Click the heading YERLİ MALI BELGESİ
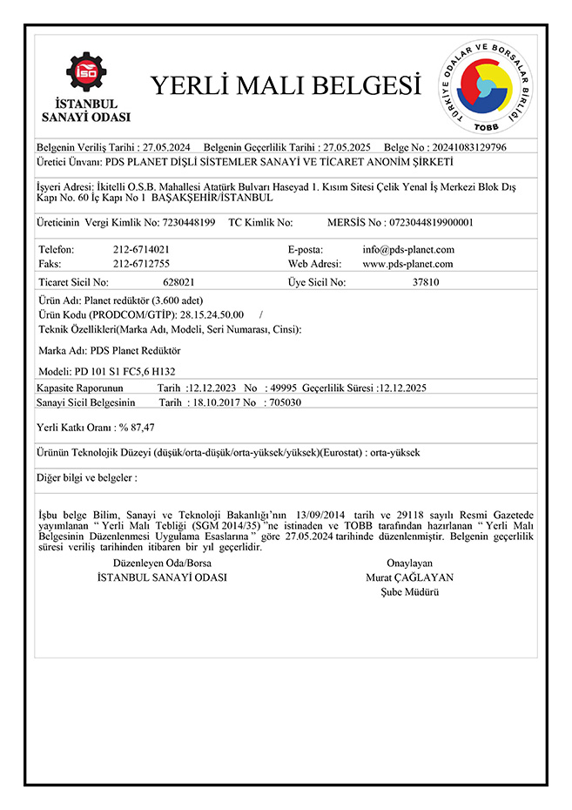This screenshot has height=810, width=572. (x=279, y=85)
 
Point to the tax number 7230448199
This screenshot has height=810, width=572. (x=189, y=222)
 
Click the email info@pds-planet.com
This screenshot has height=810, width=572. (x=407, y=249)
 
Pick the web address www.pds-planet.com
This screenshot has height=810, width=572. (x=407, y=263)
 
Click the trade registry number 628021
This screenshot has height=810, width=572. (x=178, y=282)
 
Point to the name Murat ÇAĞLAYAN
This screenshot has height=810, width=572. (x=409, y=577)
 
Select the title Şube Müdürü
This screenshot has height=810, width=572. (x=409, y=591)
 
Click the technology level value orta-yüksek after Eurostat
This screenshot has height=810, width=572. (x=394, y=453)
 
